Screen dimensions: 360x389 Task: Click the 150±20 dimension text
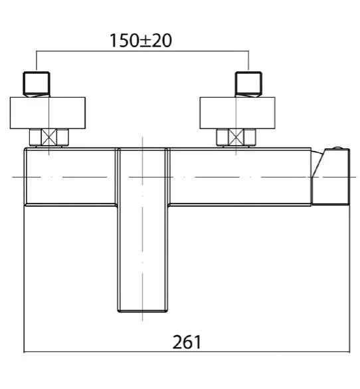(141, 41)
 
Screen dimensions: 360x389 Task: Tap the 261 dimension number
(187, 342)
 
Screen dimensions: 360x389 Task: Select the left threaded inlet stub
(37, 84)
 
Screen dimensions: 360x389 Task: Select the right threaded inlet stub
(248, 84)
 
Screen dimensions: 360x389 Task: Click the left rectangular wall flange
(48, 113)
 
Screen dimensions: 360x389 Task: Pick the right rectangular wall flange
(237, 113)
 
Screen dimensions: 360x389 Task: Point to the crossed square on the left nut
(48, 137)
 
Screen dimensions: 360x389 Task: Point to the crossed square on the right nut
(236, 137)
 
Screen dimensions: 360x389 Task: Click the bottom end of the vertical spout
(142, 311)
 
